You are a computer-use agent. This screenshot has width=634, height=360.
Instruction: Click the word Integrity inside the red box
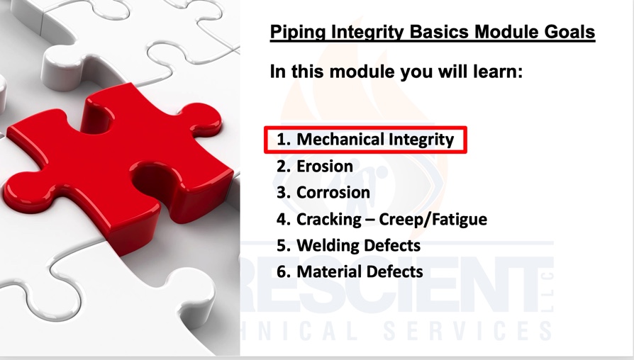(421, 140)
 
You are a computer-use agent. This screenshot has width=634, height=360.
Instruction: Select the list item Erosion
(325, 166)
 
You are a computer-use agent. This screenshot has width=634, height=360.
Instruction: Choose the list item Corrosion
(333, 192)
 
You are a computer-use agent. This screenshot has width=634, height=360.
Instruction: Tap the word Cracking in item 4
(329, 220)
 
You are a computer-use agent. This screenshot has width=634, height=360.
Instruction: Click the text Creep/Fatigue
(433, 220)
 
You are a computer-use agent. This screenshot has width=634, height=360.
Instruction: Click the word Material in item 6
(327, 271)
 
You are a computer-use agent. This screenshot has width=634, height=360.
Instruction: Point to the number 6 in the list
(282, 272)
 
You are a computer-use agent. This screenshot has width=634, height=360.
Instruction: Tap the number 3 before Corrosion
(282, 193)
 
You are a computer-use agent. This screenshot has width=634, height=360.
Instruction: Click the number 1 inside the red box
(281, 140)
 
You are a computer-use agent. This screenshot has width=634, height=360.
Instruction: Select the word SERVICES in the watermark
(467, 330)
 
